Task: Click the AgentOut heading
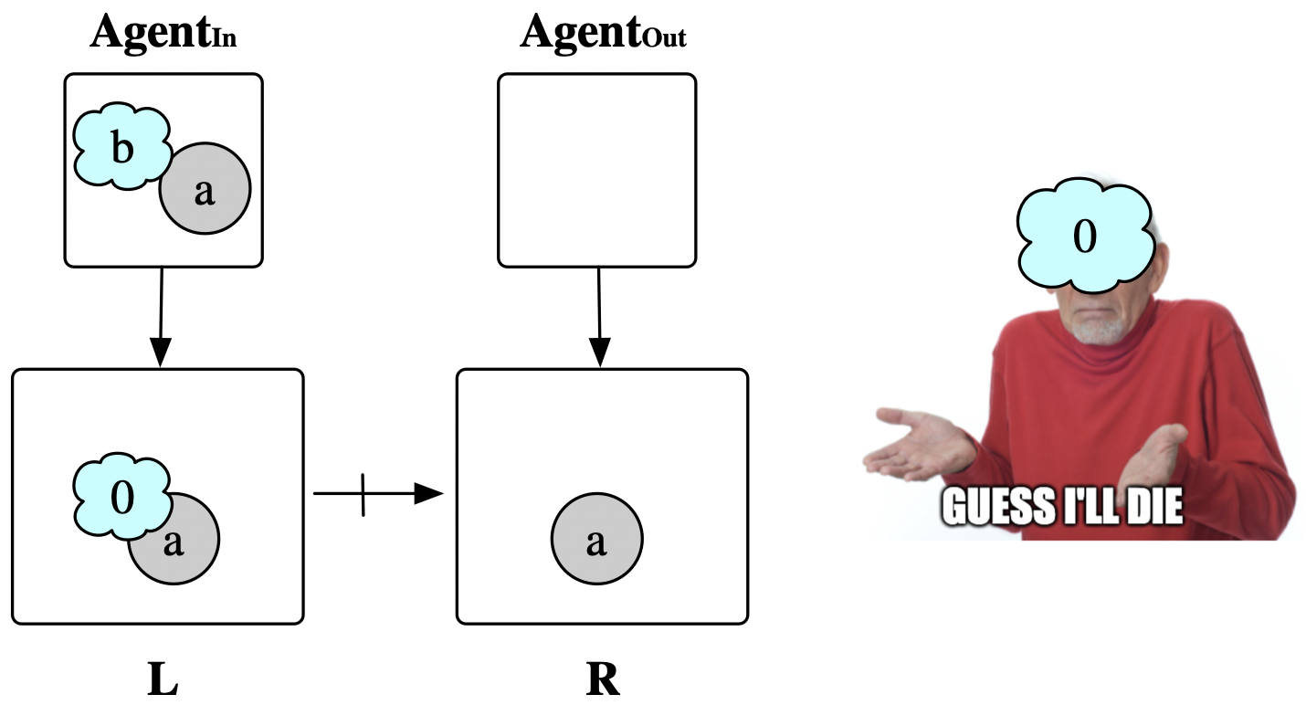pyautogui.click(x=603, y=34)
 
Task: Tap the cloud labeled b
pyautogui.click(x=121, y=148)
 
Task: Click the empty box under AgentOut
pyautogui.click(x=596, y=170)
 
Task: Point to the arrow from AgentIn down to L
pyautogui.click(x=161, y=316)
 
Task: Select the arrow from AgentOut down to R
pyautogui.click(x=599, y=316)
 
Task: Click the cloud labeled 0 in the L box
pyautogui.click(x=121, y=498)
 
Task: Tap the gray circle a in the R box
pyautogui.click(x=596, y=541)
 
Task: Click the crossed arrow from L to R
pyautogui.click(x=377, y=494)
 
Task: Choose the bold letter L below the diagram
pyautogui.click(x=162, y=680)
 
